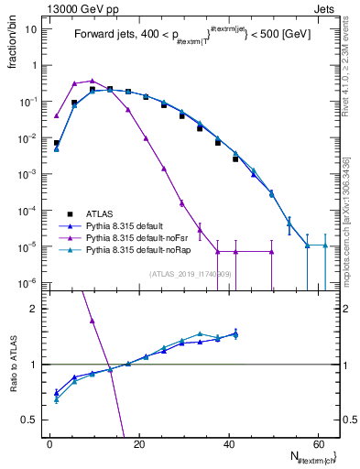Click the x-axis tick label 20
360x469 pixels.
tap(138, 444)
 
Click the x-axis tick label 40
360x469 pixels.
tap(227, 444)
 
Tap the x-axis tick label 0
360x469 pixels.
tap(49, 444)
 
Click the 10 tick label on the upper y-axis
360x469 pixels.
tap(31, 29)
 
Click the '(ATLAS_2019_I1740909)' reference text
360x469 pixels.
tap(191, 274)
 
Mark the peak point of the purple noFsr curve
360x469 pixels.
tap(92, 81)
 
